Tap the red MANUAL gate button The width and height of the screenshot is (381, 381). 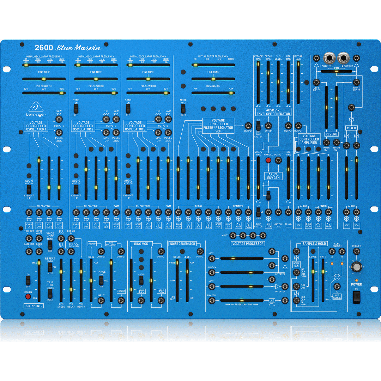pyautogui.click(x=268, y=161)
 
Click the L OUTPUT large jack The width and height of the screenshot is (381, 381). pyautogui.click(x=331, y=58)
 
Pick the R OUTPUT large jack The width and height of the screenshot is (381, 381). pyautogui.click(x=343, y=58)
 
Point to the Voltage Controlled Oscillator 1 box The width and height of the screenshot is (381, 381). pyautogui.click(x=36, y=125)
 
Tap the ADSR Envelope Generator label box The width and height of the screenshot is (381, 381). pyautogui.click(x=273, y=112)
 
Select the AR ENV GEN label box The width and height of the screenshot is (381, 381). pyautogui.click(x=273, y=176)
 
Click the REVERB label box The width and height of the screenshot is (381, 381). pyautogui.click(x=332, y=134)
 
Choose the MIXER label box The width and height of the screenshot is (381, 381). pyautogui.click(x=351, y=127)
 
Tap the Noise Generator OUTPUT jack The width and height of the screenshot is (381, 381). pyautogui.click(x=200, y=252)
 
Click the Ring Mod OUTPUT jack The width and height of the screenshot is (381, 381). pyautogui.click(x=161, y=252)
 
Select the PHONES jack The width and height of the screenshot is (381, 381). pyautogui.click(x=357, y=252)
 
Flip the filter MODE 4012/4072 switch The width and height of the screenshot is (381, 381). pyautogui.click(x=183, y=108)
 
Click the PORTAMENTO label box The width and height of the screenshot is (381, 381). pyautogui.click(x=34, y=306)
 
